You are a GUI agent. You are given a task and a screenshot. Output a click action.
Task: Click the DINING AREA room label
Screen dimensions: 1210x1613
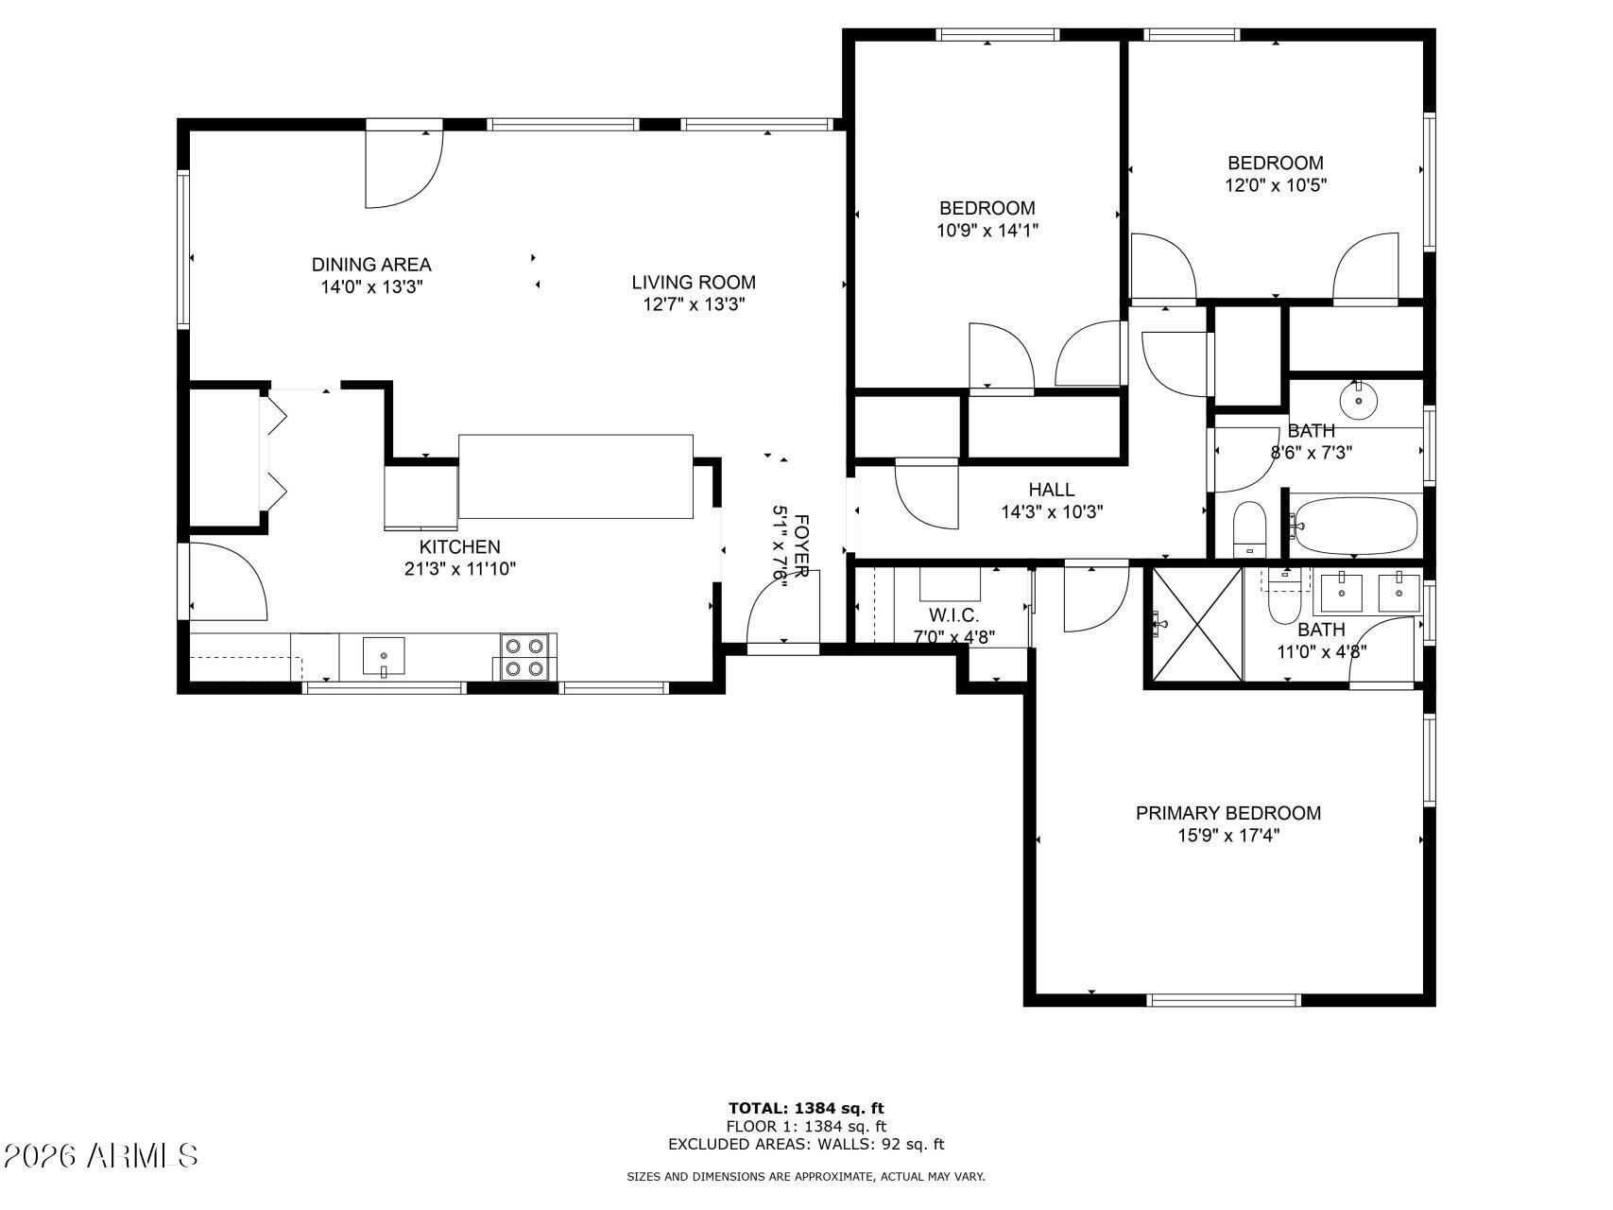(x=371, y=265)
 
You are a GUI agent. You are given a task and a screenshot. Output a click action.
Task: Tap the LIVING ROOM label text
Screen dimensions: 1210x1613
(x=694, y=282)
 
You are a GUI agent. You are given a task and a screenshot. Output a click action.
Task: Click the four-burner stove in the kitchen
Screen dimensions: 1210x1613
(x=524, y=657)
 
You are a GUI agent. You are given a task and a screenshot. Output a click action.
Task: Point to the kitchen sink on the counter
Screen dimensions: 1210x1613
(x=384, y=656)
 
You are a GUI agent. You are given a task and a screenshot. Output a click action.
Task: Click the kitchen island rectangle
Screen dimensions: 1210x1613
(x=575, y=476)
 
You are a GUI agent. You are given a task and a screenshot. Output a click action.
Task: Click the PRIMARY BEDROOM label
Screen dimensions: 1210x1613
(x=1227, y=813)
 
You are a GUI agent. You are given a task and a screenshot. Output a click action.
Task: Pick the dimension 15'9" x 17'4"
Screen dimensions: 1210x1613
(x=1228, y=836)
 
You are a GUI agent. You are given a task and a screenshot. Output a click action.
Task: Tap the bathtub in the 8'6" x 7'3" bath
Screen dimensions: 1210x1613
(x=1356, y=527)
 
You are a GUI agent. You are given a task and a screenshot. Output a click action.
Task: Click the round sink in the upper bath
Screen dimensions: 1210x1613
(x=1358, y=401)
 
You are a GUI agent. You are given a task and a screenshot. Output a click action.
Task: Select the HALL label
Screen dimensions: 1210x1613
(x=1051, y=490)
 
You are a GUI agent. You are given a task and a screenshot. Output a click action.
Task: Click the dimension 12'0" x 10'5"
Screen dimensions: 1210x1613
(x=1275, y=186)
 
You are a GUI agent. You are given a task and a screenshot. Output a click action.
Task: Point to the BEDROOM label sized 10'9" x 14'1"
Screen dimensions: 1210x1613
(x=987, y=208)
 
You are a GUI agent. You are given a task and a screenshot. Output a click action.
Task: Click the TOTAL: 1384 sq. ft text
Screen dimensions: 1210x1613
(x=806, y=1108)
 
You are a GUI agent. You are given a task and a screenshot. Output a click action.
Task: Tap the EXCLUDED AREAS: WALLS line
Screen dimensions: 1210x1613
(x=806, y=1145)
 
